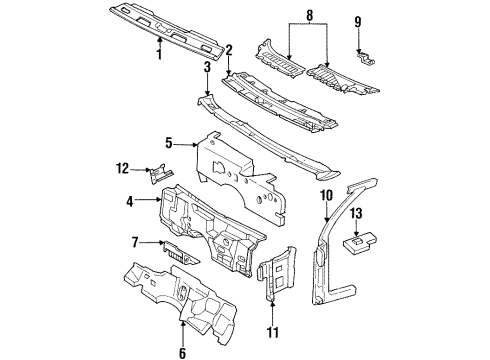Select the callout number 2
228,49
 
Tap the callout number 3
207,70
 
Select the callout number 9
358,19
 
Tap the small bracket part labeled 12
157,175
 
